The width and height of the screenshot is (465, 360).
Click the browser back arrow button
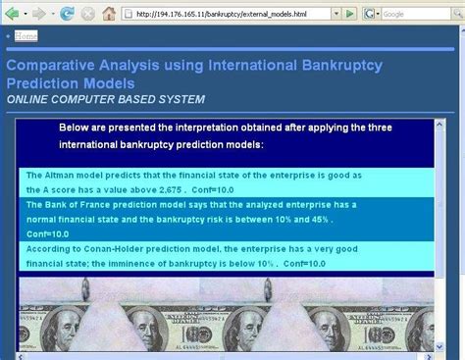pyautogui.click(x=13, y=14)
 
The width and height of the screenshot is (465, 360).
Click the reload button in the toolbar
pyautogui.click(x=66, y=14)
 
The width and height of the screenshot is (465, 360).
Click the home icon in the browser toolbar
pyautogui.click(x=109, y=14)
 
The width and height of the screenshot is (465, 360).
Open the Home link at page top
pyautogui.click(x=26, y=36)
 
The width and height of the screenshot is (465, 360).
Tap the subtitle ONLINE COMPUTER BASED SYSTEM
pyautogui.click(x=106, y=99)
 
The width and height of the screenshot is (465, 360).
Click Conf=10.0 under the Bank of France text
pyautogui.click(x=48, y=233)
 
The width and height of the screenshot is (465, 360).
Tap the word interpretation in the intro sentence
pyautogui.click(x=202, y=129)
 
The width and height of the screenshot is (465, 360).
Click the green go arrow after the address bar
pyautogui.click(x=349, y=14)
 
